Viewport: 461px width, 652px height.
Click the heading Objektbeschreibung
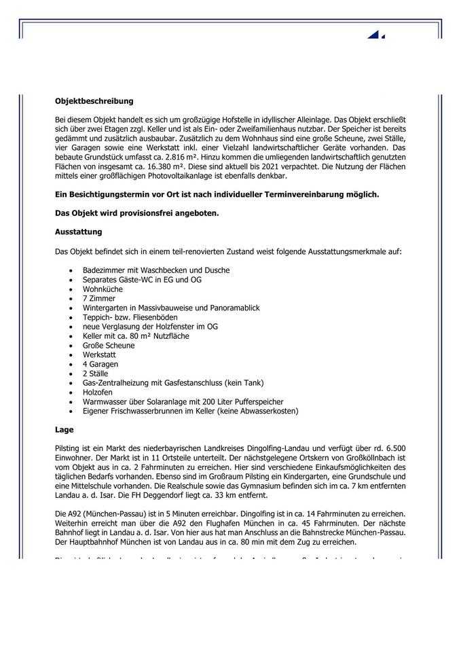click(x=94, y=101)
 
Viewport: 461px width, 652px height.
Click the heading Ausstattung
click(x=78, y=232)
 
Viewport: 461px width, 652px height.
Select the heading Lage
click(x=64, y=430)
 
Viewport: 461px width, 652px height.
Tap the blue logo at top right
click(x=376, y=34)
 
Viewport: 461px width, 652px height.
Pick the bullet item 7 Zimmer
click(x=99, y=298)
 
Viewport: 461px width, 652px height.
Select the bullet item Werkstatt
click(x=99, y=355)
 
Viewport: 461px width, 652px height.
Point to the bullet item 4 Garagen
click(x=100, y=364)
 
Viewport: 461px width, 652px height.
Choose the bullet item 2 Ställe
click(x=96, y=374)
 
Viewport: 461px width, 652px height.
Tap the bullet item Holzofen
click(x=98, y=393)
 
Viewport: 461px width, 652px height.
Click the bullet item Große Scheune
click(x=109, y=345)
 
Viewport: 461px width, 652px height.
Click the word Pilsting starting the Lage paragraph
click(x=67, y=449)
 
